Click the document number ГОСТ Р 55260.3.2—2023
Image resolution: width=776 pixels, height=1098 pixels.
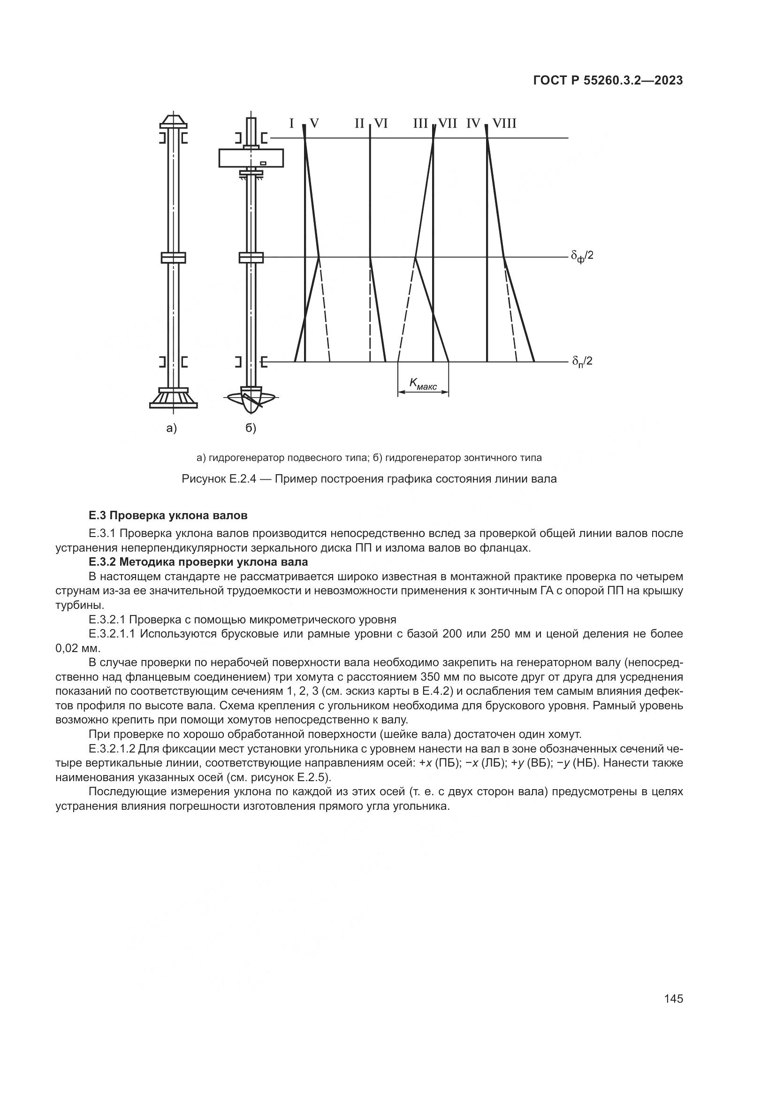[607, 81]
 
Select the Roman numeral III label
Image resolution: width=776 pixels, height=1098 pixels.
[420, 124]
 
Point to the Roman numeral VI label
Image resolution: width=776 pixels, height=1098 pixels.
[380, 124]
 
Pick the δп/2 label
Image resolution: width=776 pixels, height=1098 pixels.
[582, 361]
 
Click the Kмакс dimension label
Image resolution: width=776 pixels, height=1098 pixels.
[423, 383]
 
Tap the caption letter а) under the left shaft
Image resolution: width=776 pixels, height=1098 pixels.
[172, 429]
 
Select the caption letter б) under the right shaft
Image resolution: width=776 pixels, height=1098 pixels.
[251, 429]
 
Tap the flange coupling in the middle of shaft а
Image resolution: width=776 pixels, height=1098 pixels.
[173, 257]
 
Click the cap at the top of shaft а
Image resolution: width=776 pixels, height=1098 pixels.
[173, 121]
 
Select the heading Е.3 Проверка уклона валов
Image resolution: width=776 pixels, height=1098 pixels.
[168, 515]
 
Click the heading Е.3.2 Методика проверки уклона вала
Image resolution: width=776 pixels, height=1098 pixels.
[198, 561]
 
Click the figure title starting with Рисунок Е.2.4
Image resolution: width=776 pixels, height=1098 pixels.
[369, 479]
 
